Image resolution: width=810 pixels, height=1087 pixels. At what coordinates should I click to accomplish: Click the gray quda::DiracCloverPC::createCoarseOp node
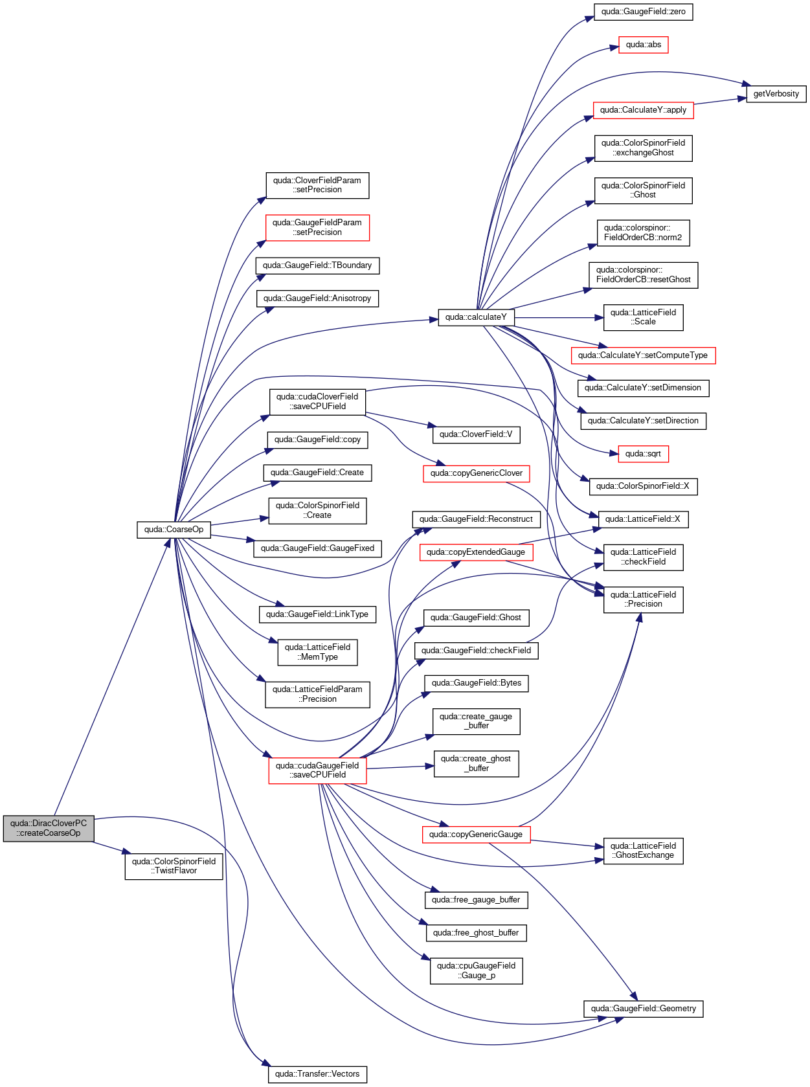pos(49,829)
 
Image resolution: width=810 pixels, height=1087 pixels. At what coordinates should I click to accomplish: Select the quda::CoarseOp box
pos(174,530)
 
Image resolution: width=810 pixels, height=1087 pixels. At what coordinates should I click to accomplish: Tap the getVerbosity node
pos(776,94)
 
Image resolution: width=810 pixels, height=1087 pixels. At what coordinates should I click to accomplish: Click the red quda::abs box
pos(644,45)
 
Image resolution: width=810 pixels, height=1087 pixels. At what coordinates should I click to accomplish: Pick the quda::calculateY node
pos(476,317)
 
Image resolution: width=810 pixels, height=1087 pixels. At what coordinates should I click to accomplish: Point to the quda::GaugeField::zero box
pos(644,12)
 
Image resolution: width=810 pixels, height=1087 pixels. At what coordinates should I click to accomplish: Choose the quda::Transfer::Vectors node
pos(317,1074)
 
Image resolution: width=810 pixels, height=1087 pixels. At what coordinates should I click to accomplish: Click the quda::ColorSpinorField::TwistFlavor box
pos(174,866)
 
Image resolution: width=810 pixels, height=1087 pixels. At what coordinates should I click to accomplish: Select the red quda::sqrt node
pos(644,454)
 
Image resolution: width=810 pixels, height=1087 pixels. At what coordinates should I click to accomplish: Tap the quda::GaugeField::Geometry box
pos(644,1009)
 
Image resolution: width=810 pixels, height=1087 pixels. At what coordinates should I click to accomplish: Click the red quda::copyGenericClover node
pos(476,473)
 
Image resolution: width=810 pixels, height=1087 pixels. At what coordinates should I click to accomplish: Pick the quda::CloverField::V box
pos(476,434)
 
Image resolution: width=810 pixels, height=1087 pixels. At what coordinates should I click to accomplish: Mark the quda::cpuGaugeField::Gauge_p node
pos(476,971)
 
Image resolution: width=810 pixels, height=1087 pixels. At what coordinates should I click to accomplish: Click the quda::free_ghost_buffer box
pos(476,933)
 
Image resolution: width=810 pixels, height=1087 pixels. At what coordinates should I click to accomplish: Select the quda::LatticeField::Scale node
pos(644,318)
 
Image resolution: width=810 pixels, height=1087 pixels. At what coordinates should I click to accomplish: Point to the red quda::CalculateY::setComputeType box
pos(644,355)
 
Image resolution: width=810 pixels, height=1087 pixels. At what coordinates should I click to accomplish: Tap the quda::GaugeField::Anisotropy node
pos(317,298)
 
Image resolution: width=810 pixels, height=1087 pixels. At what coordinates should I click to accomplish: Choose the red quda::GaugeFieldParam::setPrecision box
pos(317,228)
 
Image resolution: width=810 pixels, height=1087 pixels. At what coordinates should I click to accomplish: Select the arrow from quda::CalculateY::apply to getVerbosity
pos(720,102)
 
